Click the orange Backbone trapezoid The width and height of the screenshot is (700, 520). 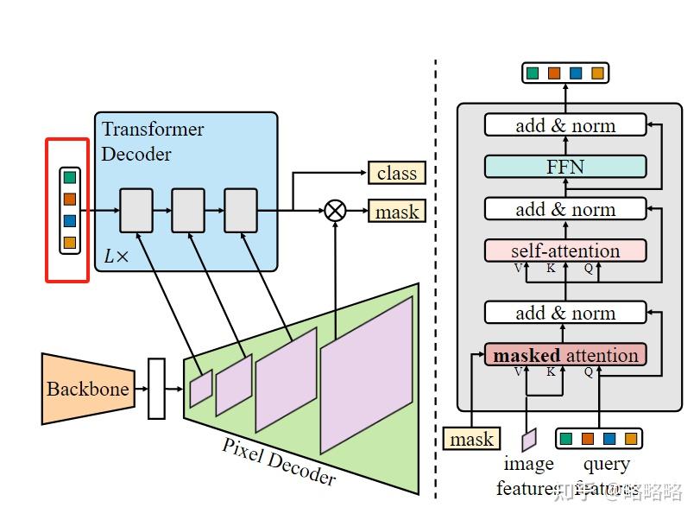[86, 389]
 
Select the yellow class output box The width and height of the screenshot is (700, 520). [396, 173]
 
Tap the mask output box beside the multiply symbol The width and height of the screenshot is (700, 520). [396, 212]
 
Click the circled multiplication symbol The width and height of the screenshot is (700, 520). [335, 211]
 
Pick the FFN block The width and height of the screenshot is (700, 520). [565, 167]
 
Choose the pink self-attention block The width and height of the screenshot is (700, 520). [565, 250]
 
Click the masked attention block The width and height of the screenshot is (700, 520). [565, 355]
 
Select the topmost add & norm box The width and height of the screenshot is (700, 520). [565, 125]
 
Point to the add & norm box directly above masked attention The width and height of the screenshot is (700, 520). [565, 313]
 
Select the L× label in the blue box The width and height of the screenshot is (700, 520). [115, 257]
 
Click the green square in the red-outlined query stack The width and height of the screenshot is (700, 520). [70, 178]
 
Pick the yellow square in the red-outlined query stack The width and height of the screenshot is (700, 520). [70, 243]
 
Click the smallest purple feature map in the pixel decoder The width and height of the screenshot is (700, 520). [200, 388]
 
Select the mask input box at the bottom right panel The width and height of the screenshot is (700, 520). [471, 439]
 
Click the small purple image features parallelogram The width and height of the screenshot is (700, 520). [528, 440]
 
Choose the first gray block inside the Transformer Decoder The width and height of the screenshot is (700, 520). [136, 210]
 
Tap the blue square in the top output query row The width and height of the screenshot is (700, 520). [576, 73]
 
